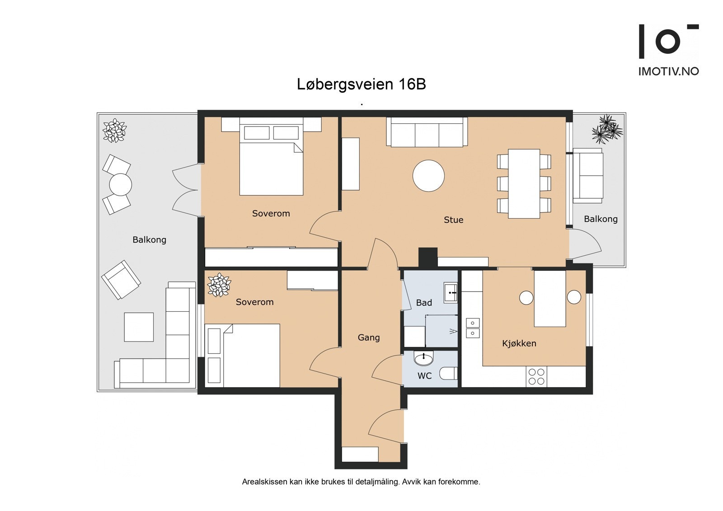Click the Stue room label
coord(453,220)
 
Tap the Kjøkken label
coord(519,343)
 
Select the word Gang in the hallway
coord(368,338)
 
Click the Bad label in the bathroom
coord(424,303)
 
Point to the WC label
coord(424,375)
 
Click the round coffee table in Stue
coord(428,176)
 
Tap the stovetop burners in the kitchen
coord(536,377)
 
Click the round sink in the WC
coord(423,359)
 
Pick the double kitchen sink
coord(473,328)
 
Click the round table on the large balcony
coord(120,184)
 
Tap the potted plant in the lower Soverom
coord(219,285)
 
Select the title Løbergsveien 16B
coord(361,84)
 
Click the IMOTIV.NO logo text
coord(668,71)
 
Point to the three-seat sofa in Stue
coord(427,133)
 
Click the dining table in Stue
coord(524,183)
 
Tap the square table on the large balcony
coord(139,327)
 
